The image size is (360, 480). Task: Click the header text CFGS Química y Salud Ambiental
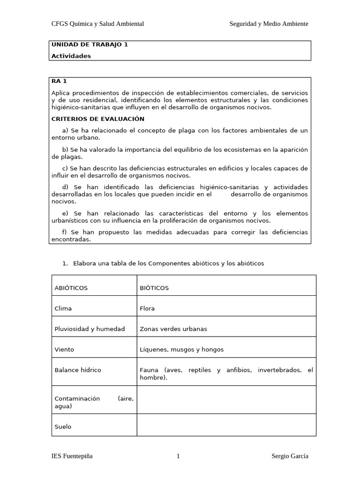tap(97, 24)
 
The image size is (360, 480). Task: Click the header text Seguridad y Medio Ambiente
tap(269, 24)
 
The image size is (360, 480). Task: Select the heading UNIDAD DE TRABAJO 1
tap(90, 45)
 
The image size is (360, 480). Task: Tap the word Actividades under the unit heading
tap(71, 56)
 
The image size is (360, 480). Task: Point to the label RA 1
tap(59, 81)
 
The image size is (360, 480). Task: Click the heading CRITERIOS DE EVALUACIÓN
tap(98, 119)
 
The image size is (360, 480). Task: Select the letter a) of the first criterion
tap(65, 130)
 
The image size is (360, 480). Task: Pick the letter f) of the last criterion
tap(65, 232)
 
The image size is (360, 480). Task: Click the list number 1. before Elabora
tap(65, 263)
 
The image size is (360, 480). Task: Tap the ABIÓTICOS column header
tap(71, 288)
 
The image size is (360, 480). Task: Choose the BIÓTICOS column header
tap(154, 288)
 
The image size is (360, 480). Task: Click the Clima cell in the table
tap(63, 308)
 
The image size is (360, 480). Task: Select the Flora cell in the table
tap(147, 308)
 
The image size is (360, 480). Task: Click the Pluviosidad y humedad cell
tap(90, 329)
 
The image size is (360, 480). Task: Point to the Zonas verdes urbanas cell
tap(173, 329)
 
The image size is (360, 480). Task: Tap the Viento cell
tap(65, 350)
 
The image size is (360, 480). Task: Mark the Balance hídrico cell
tap(78, 370)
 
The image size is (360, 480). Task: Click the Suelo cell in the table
tap(63, 427)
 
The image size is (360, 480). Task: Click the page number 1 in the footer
tap(178, 457)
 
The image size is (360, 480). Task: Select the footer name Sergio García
tap(290, 457)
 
